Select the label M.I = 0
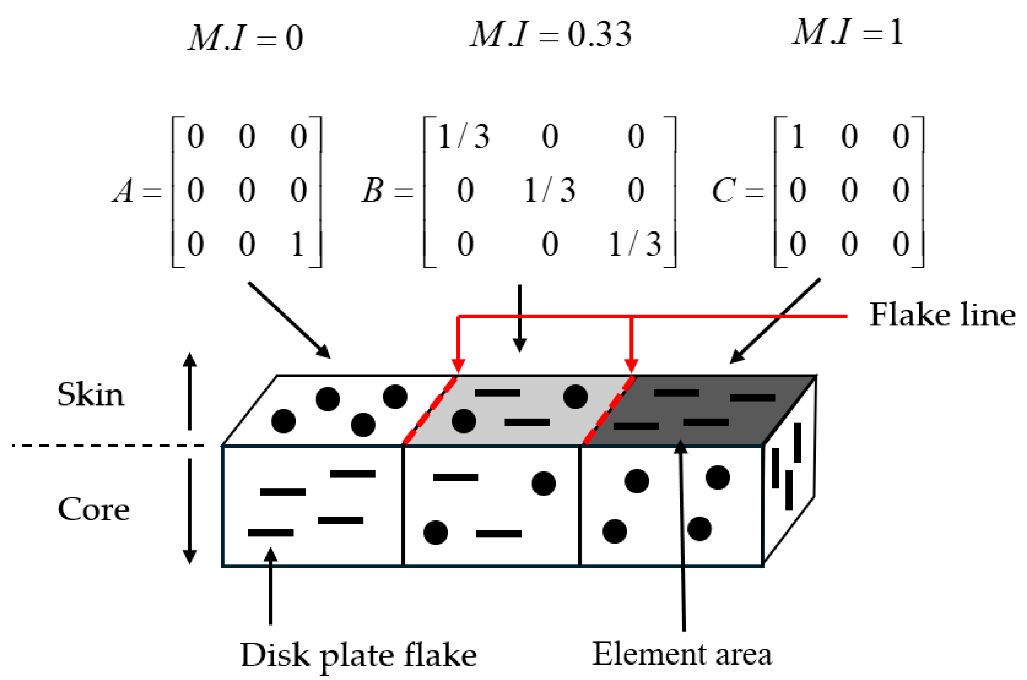pyautogui.click(x=245, y=38)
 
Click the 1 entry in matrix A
pyautogui.click(x=297, y=244)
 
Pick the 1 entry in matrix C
pyautogui.click(x=798, y=136)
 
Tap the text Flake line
pyautogui.click(x=942, y=315)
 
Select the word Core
pyautogui.click(x=93, y=509)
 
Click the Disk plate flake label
pyautogui.click(x=358, y=655)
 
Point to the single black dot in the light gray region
pyautogui.click(x=575, y=396)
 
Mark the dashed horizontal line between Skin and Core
pyautogui.click(x=108, y=445)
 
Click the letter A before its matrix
pyautogui.click(x=124, y=191)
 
